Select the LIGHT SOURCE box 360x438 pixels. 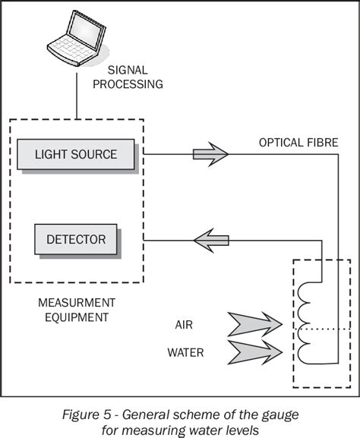point(76,155)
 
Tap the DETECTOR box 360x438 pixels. point(76,241)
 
